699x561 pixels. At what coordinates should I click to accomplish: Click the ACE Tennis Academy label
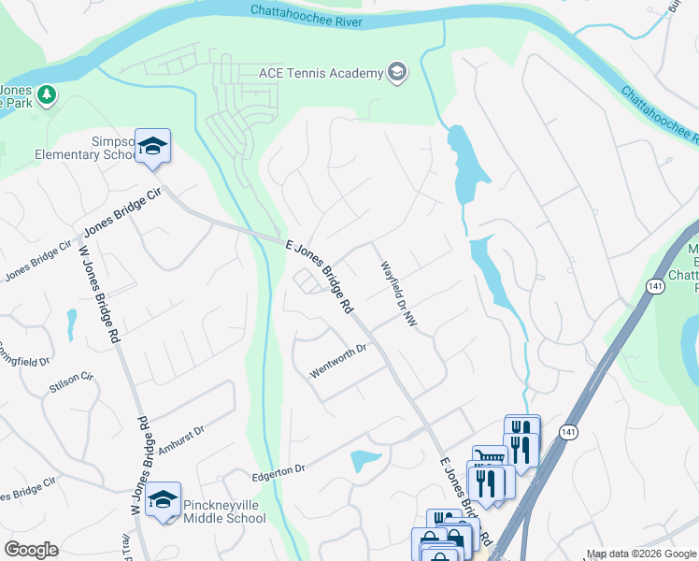(321, 73)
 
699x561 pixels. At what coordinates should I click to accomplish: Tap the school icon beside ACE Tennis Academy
(397, 73)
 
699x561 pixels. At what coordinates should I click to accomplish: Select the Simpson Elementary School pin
(152, 146)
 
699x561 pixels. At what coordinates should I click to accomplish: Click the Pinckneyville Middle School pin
(164, 499)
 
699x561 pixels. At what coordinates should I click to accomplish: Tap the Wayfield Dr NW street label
(398, 293)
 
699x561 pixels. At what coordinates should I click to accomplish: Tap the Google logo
(31, 550)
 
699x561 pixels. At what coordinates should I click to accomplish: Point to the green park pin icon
(47, 95)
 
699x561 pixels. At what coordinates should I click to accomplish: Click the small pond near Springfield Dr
(71, 323)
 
